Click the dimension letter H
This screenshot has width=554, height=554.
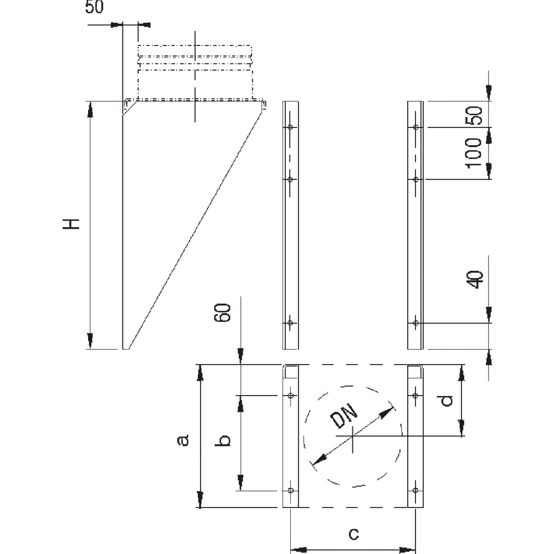coord(71,224)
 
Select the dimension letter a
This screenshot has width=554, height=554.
coord(183,440)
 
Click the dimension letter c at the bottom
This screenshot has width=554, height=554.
coord(353,534)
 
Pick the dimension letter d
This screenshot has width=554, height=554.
coord(447,401)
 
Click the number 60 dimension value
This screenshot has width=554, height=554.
coord(223,312)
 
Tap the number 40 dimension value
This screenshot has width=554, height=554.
coord(474,279)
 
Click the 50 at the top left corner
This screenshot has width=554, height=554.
coord(94,7)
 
